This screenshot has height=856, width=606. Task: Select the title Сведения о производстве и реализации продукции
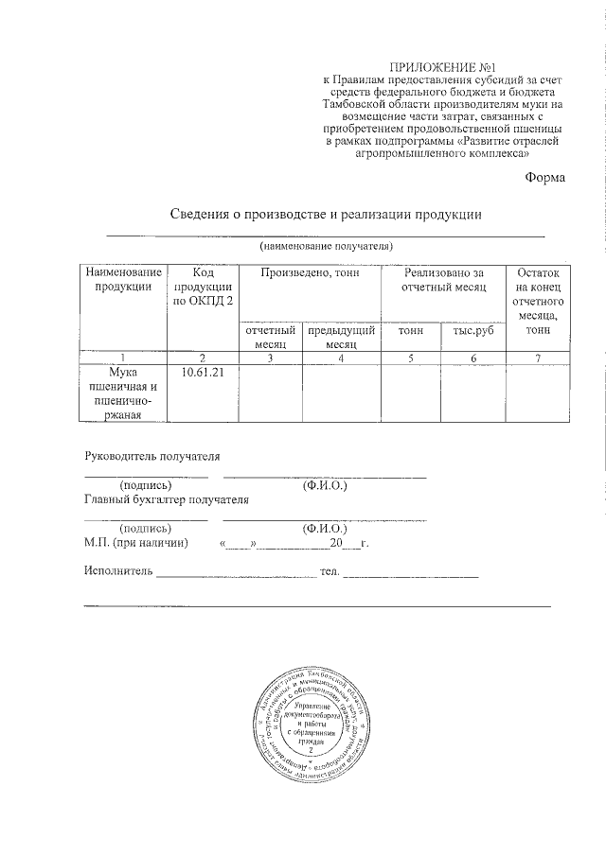(x=326, y=214)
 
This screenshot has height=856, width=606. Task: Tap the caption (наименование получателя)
(x=326, y=246)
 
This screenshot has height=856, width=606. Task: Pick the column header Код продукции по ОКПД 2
(x=201, y=287)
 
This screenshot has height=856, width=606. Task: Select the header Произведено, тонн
(x=308, y=272)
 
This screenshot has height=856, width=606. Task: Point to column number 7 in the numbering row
(x=537, y=358)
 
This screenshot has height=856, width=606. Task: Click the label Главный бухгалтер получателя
(x=166, y=500)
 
